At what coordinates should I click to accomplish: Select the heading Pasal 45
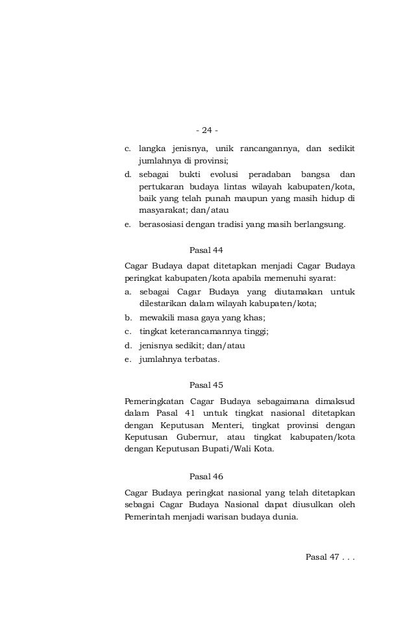[x=206, y=385]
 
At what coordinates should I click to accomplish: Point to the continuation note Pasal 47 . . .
[x=329, y=558]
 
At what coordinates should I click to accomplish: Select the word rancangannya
[x=268, y=149]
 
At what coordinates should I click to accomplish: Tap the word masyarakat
[x=162, y=211]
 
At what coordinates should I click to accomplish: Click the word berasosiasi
[x=162, y=225]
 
